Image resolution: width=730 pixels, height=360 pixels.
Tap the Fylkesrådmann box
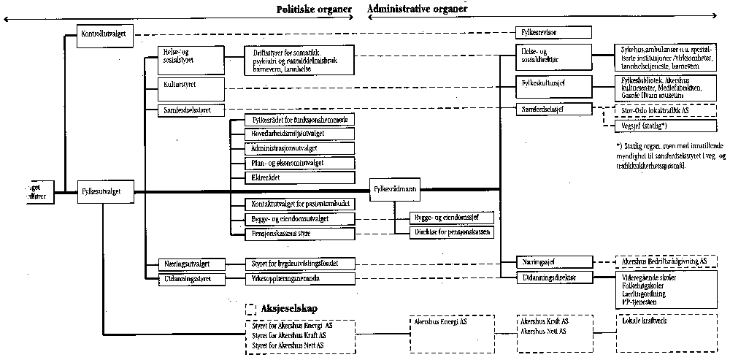coord(395,189)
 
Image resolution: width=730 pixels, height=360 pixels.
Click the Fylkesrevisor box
coord(552,32)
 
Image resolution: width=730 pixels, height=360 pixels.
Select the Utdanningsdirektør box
coord(552,278)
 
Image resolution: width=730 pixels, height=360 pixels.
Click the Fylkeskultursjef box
coord(552,83)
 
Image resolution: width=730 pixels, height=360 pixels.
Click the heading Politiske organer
coord(314,9)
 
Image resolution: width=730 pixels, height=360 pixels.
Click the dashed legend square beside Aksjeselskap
coord(253,308)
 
